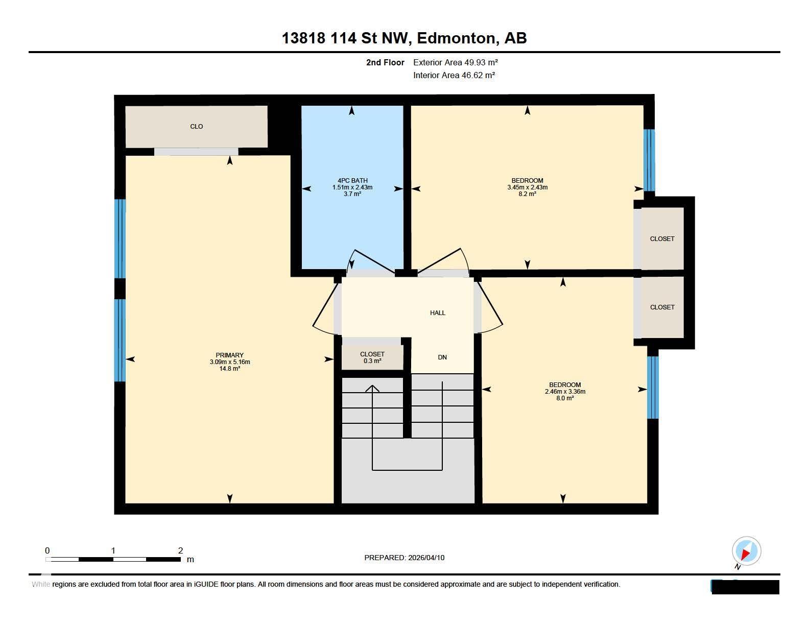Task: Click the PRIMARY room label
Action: coord(229,355)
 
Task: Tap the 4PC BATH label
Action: coord(352,181)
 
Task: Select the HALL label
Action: coord(438,312)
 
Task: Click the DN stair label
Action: coord(442,357)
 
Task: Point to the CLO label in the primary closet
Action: coord(197,127)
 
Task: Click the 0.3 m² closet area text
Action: coord(372,361)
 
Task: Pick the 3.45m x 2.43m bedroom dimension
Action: coord(527,187)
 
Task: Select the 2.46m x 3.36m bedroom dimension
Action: coord(565,391)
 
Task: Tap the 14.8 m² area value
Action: coord(229,369)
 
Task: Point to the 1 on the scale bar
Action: coord(113,550)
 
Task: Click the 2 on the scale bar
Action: coord(181,550)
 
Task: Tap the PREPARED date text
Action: coord(404,558)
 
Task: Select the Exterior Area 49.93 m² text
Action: coord(456,62)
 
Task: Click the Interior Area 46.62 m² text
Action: coord(454,75)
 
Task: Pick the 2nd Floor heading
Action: coord(385,62)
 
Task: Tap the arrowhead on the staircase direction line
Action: coord(372,388)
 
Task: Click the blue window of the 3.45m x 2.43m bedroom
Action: coord(649,160)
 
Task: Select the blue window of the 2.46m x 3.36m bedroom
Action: coord(653,388)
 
